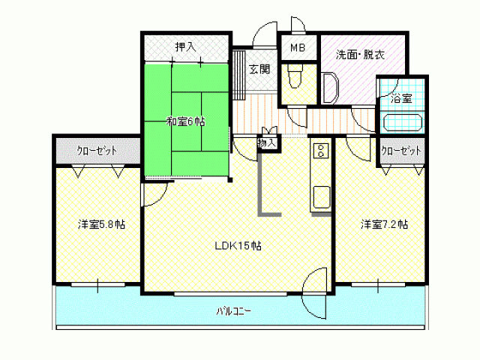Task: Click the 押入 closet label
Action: tap(184, 46)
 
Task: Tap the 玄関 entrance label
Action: tap(259, 69)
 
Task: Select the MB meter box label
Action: tap(298, 46)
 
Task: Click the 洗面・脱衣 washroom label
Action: tap(361, 54)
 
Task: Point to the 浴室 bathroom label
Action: tap(401, 97)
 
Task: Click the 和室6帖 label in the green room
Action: tap(184, 122)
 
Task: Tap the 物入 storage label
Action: tap(268, 142)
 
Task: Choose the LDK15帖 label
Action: tap(238, 245)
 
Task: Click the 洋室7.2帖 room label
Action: tap(384, 223)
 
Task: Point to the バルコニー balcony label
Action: tap(233, 310)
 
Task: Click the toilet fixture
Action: tap(294, 75)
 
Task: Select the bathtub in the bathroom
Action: tap(403, 122)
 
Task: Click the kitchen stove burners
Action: tap(319, 151)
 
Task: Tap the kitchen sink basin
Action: tap(320, 198)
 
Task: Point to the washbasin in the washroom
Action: tap(330, 86)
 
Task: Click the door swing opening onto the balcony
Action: tap(315, 292)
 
